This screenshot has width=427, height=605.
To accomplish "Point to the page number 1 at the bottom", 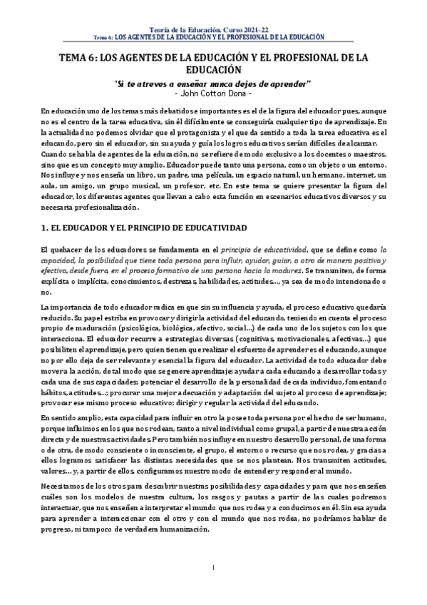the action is click(213, 588).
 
